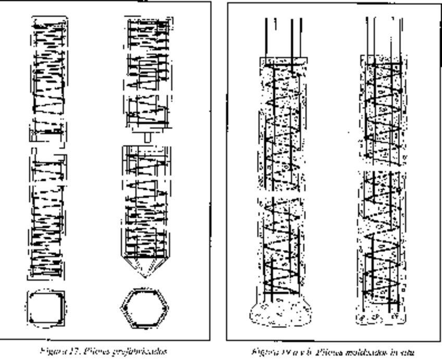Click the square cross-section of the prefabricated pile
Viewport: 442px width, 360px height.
(x=46, y=309)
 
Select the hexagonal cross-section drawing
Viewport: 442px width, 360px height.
(x=145, y=309)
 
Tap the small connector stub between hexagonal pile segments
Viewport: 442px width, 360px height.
(x=146, y=136)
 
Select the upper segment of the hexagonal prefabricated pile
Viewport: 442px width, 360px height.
(x=148, y=73)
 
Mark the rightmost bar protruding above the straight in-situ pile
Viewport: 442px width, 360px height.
(x=401, y=36)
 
